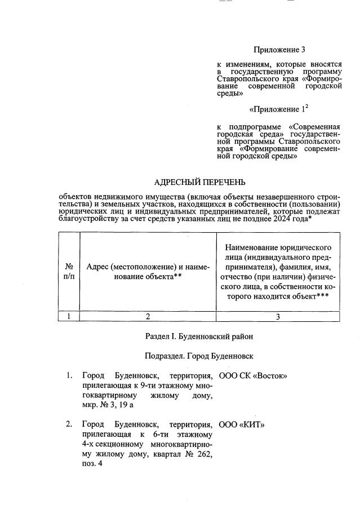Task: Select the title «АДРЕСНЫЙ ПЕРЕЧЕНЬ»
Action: click(x=200, y=182)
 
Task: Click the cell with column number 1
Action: click(x=69, y=317)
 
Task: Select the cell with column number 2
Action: click(x=148, y=317)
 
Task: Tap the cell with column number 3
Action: click(x=278, y=317)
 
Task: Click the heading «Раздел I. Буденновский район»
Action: click(x=199, y=337)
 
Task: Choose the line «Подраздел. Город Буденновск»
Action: click(x=199, y=356)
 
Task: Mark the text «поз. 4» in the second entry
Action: click(x=93, y=463)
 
